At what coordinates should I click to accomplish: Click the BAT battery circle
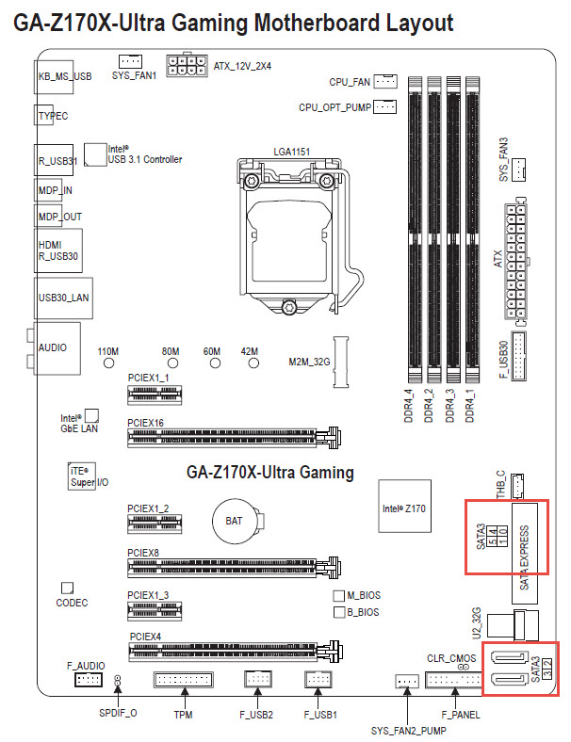[235, 522]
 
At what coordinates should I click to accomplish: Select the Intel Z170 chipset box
[404, 506]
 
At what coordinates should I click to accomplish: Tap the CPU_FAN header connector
[385, 81]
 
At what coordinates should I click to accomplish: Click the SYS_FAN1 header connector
[130, 61]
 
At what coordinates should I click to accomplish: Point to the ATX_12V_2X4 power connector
[187, 66]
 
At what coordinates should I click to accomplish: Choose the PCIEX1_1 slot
[155, 394]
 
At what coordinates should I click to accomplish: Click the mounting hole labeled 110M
[109, 363]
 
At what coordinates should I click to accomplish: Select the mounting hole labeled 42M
[253, 363]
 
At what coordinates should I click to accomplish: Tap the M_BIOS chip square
[338, 595]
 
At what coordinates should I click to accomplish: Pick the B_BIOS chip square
[339, 612]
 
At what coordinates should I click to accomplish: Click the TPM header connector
[183, 680]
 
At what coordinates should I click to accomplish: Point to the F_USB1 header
[318, 680]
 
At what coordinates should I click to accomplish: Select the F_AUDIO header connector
[88, 680]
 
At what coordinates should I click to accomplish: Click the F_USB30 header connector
[518, 355]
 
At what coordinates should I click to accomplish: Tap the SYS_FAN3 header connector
[519, 169]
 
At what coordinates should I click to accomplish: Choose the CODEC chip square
[67, 588]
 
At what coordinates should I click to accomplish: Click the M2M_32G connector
[341, 362]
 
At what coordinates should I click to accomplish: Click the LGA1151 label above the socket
[292, 152]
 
